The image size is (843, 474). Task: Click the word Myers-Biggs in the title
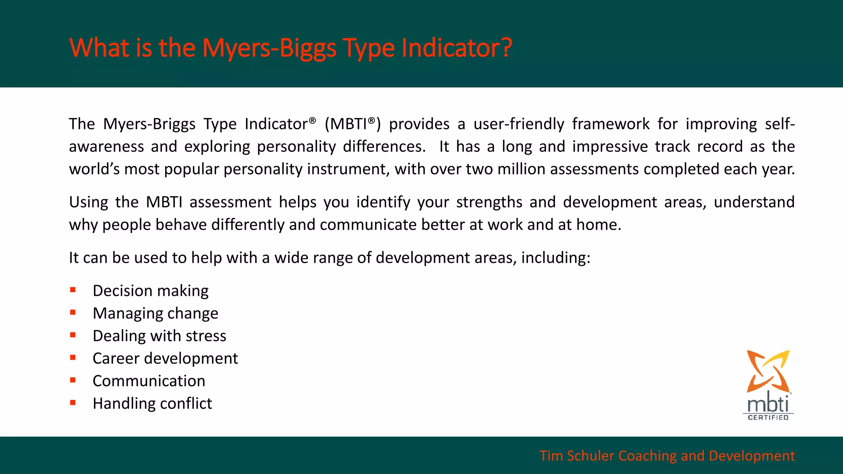(x=269, y=48)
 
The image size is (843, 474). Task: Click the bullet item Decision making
(x=151, y=291)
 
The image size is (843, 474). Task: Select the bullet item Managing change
(x=156, y=314)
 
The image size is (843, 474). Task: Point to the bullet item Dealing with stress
(x=159, y=336)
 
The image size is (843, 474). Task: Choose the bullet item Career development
(x=165, y=358)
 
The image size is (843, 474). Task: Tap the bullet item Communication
(x=149, y=381)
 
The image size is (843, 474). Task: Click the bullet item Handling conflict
(x=152, y=404)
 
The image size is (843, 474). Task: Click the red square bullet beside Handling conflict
(x=73, y=403)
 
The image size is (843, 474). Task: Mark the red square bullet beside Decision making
(x=73, y=290)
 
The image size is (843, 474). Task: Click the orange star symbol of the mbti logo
(x=768, y=370)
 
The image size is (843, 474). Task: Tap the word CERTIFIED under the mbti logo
(x=768, y=418)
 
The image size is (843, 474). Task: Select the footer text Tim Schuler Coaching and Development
(x=667, y=456)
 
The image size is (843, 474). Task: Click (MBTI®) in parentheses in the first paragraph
(x=353, y=124)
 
